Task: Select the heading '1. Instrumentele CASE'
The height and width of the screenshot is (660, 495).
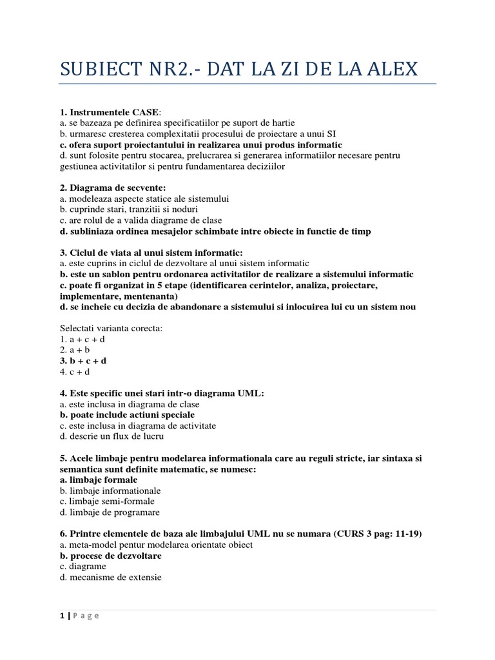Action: [108, 112]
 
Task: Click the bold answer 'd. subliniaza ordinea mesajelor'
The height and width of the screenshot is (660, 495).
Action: [215, 231]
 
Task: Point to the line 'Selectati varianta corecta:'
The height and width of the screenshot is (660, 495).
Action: [112, 328]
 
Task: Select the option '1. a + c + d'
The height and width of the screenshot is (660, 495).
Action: [82, 339]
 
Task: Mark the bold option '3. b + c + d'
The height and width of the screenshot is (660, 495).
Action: [82, 361]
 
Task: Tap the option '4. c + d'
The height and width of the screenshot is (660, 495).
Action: [75, 372]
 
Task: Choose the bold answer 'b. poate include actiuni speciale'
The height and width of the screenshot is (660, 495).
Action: [127, 414]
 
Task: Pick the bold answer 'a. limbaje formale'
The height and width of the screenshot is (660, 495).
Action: [98, 480]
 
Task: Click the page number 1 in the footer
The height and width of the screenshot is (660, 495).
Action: [61, 616]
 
